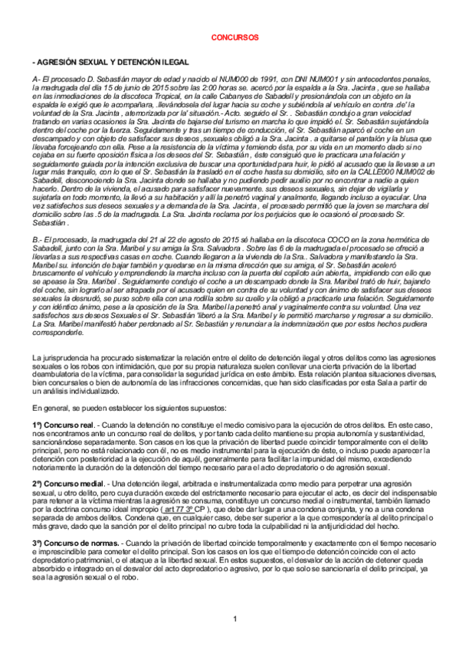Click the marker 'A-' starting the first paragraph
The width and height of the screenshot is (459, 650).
(x=37, y=79)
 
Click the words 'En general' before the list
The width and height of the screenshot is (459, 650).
(x=52, y=408)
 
